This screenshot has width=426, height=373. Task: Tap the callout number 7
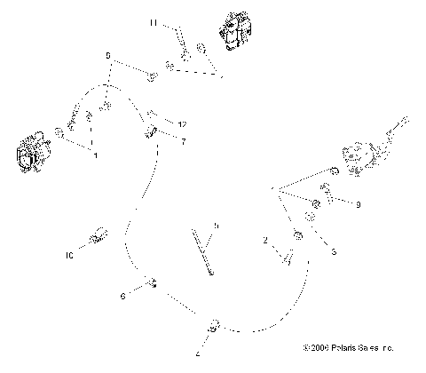(x=182, y=141)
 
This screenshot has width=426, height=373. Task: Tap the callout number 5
(x=216, y=226)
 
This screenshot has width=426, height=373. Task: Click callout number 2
(x=265, y=241)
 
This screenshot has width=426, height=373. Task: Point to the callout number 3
(x=333, y=252)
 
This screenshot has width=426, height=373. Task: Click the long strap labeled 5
(x=203, y=253)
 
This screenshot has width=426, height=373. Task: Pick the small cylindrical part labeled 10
(x=99, y=235)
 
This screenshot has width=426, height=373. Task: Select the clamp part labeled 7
(x=152, y=134)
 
